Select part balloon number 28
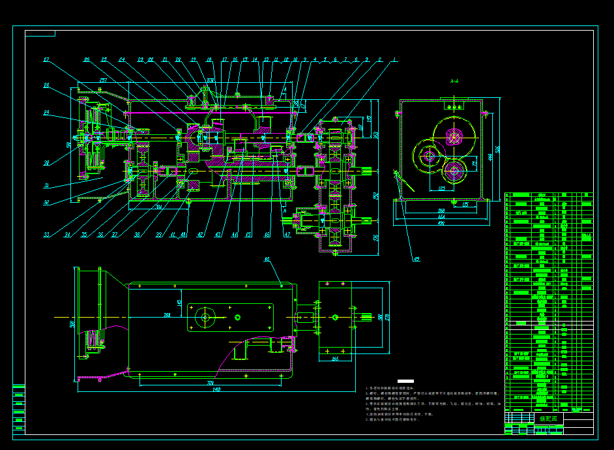[47, 85]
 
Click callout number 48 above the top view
[266, 259]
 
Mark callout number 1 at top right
[394, 60]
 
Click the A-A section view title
[454, 82]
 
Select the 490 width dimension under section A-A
[442, 224]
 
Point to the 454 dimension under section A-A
[442, 217]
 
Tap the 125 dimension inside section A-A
[442, 188]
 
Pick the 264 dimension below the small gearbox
[336, 359]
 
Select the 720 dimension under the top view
[211, 383]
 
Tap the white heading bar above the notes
[405, 381]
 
